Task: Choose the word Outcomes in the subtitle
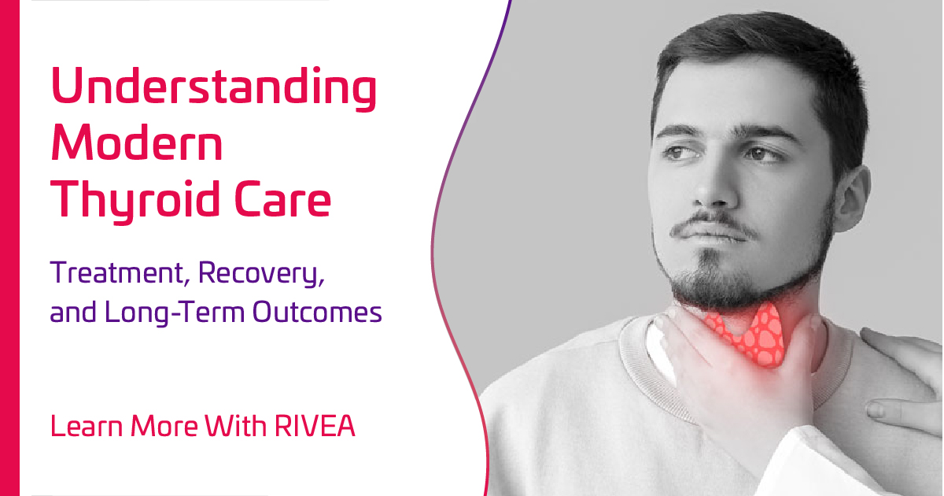[318, 313]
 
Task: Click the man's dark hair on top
[755, 47]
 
